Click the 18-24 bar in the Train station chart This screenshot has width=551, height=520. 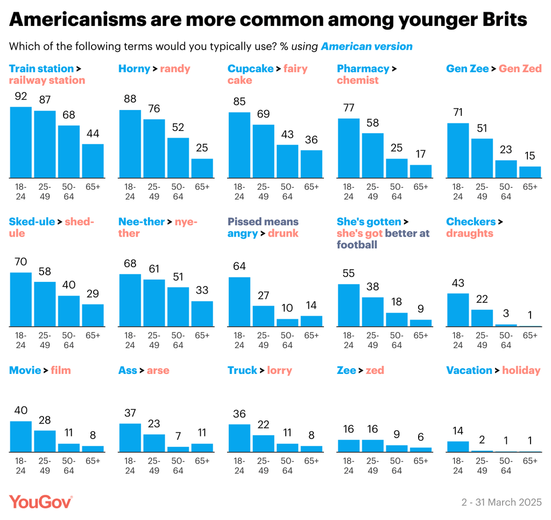click(x=21, y=142)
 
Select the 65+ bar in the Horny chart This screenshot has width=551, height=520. click(x=202, y=168)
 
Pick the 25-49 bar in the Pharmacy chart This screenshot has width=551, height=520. click(x=372, y=155)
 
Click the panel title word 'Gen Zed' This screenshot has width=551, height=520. click(x=520, y=68)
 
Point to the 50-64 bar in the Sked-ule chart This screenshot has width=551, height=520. click(x=69, y=311)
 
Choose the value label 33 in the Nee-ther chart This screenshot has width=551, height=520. click(x=202, y=290)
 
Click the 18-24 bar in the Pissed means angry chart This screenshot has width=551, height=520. click(x=239, y=302)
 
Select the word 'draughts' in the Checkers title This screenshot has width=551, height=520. click(x=470, y=233)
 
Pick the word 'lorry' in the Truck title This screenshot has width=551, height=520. click(x=280, y=370)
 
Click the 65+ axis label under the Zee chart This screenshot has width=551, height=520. click(x=421, y=461)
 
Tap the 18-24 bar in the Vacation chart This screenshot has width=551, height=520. click(x=458, y=447)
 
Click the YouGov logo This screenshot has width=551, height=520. click(x=41, y=502)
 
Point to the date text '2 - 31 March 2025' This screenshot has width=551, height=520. click(x=501, y=502)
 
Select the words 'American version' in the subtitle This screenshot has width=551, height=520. click(x=367, y=46)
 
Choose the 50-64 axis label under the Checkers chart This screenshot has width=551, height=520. click(x=506, y=340)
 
